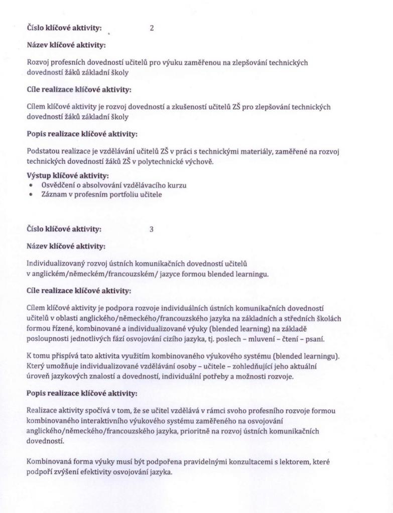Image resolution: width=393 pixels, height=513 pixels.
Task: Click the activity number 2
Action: [x=152, y=29]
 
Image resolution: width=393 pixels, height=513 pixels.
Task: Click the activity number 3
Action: [x=152, y=229]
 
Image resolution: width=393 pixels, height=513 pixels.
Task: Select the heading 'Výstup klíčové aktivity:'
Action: [x=67, y=175]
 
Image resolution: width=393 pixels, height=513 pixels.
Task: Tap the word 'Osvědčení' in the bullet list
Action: [x=57, y=185]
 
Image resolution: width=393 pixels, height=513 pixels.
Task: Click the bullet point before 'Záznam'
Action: [x=32, y=194]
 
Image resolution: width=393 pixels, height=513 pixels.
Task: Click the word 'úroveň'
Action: [x=38, y=376]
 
